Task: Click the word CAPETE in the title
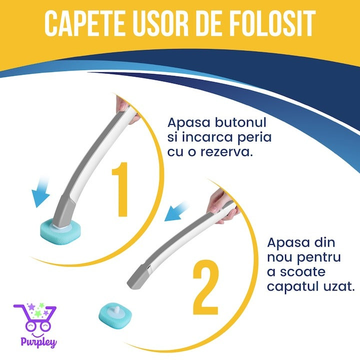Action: point(84,23)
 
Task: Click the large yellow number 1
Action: point(120,189)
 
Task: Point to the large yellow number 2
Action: point(205,287)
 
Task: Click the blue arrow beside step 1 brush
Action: point(41,192)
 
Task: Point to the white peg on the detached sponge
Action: point(116,309)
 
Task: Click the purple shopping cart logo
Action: point(35,317)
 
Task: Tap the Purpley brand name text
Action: point(39,342)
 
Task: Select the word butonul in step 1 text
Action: point(240,122)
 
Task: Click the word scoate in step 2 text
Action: point(302,272)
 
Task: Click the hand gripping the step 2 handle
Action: point(222,205)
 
